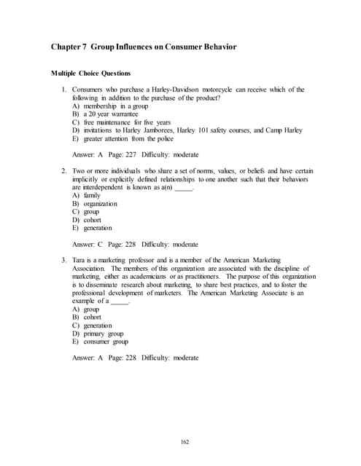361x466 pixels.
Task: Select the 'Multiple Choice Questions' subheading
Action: click(91, 74)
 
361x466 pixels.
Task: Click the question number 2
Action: click(65, 171)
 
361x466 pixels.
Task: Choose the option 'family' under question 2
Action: click(92, 195)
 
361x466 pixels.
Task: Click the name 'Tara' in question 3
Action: click(79, 260)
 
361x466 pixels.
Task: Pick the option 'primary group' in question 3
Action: click(104, 333)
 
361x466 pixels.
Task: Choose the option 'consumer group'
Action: click(106, 341)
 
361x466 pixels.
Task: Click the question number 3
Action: click(65, 260)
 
